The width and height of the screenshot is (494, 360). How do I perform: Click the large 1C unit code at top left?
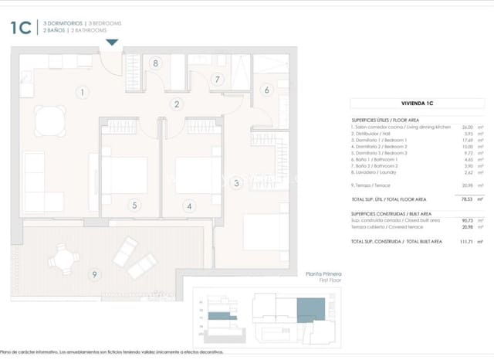click(x=21, y=28)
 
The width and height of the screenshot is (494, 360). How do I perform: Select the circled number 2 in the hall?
click(x=177, y=104)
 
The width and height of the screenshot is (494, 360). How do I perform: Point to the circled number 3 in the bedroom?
click(x=236, y=183)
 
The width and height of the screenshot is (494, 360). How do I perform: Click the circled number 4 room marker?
click(x=188, y=205)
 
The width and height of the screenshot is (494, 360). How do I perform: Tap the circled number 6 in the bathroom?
click(x=267, y=90)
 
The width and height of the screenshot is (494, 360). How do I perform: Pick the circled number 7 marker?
click(x=218, y=79)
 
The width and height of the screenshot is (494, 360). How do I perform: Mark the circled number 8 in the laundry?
click(x=156, y=64)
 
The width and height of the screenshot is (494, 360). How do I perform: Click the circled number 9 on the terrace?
click(x=94, y=274)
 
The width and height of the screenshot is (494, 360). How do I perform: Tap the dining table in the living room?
click(x=52, y=118)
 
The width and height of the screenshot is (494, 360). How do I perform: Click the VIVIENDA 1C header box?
click(x=418, y=101)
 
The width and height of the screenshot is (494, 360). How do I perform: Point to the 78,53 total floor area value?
click(x=463, y=199)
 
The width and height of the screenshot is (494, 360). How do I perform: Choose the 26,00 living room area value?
click(x=466, y=127)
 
